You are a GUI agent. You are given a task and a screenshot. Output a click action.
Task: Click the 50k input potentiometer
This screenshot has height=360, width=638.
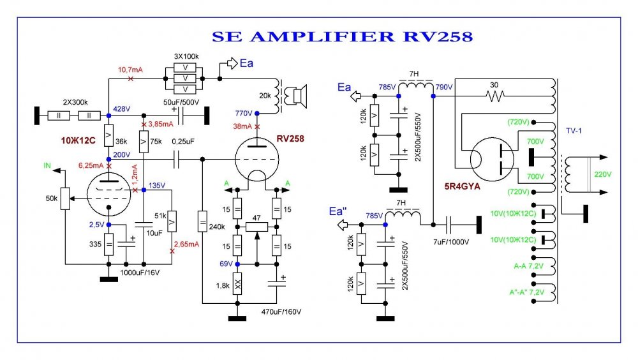point(64,198)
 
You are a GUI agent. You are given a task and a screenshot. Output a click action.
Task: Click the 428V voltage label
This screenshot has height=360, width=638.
point(122,109)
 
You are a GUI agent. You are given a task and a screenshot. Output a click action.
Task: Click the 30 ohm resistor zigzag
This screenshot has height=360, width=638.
point(495,96)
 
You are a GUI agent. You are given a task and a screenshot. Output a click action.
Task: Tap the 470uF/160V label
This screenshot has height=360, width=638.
point(281,311)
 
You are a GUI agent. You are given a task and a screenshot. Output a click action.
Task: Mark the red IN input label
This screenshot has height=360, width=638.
point(47,165)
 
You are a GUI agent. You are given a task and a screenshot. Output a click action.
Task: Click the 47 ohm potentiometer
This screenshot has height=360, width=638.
point(256,226)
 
